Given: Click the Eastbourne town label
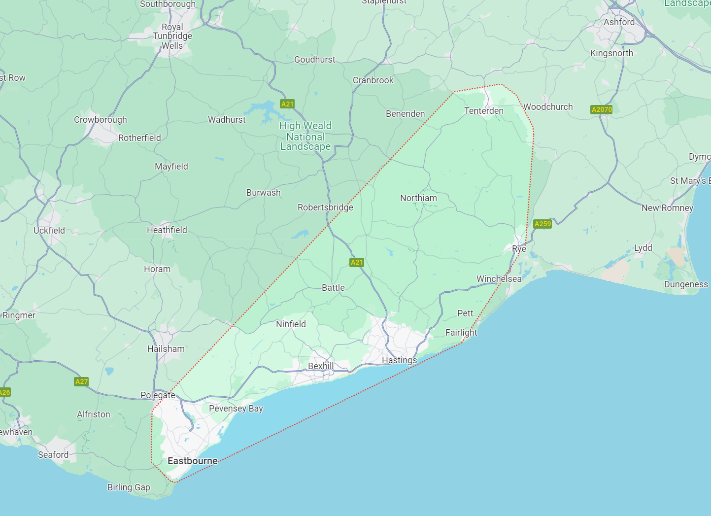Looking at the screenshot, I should (x=192, y=461).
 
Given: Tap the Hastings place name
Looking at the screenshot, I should (x=399, y=360).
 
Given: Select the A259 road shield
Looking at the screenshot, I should (x=542, y=224).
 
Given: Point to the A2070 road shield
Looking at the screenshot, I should (x=602, y=109).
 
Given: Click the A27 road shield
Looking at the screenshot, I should (x=81, y=381).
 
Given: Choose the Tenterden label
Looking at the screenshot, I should (x=484, y=111).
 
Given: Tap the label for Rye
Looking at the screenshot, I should (x=519, y=249).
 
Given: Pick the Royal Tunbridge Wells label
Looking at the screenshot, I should (x=172, y=36).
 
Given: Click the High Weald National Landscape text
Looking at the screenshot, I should (x=305, y=136).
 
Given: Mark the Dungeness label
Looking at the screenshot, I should (x=686, y=284).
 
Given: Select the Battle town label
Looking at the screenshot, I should (x=333, y=287).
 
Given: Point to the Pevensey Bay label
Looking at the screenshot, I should (x=236, y=409).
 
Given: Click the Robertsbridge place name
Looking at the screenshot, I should (x=325, y=207).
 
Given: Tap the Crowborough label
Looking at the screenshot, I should (x=101, y=120).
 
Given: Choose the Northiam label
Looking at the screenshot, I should (x=418, y=198).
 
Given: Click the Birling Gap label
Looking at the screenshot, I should (x=129, y=487).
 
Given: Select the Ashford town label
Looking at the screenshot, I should (x=619, y=22).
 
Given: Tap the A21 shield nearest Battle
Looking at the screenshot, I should (x=357, y=262).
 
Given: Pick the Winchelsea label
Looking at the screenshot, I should (x=499, y=279).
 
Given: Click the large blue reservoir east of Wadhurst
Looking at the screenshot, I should (x=264, y=110).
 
